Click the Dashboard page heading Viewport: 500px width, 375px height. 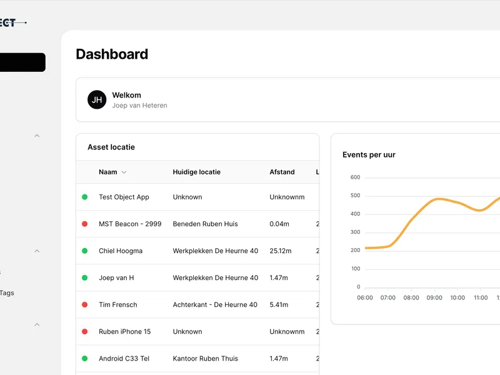click(112, 54)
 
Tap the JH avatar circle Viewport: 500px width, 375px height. click(97, 99)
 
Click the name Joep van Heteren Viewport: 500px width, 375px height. click(139, 106)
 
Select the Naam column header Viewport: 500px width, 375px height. click(107, 172)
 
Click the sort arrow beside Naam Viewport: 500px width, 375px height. click(124, 172)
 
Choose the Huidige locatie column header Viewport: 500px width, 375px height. click(196, 172)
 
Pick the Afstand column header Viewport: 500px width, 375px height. click(282, 172)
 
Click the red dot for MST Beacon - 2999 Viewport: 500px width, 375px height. click(84, 224)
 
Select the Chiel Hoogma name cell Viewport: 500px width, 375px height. click(121, 251)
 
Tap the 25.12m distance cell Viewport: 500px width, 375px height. click(281, 251)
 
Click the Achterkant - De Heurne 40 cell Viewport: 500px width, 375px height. click(215, 304)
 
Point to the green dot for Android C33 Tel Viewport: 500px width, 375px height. click(84, 359)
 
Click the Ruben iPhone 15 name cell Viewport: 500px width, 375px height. click(124, 331)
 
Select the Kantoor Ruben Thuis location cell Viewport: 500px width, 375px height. click(205, 359)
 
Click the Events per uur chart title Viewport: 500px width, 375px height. click(369, 155)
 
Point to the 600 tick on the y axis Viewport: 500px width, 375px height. click(355, 177)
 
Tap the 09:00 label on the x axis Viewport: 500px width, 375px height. click(434, 297)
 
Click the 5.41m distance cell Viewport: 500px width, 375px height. click(279, 304)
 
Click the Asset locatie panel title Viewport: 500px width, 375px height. click(111, 147)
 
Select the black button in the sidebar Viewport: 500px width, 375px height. click(22, 62)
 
